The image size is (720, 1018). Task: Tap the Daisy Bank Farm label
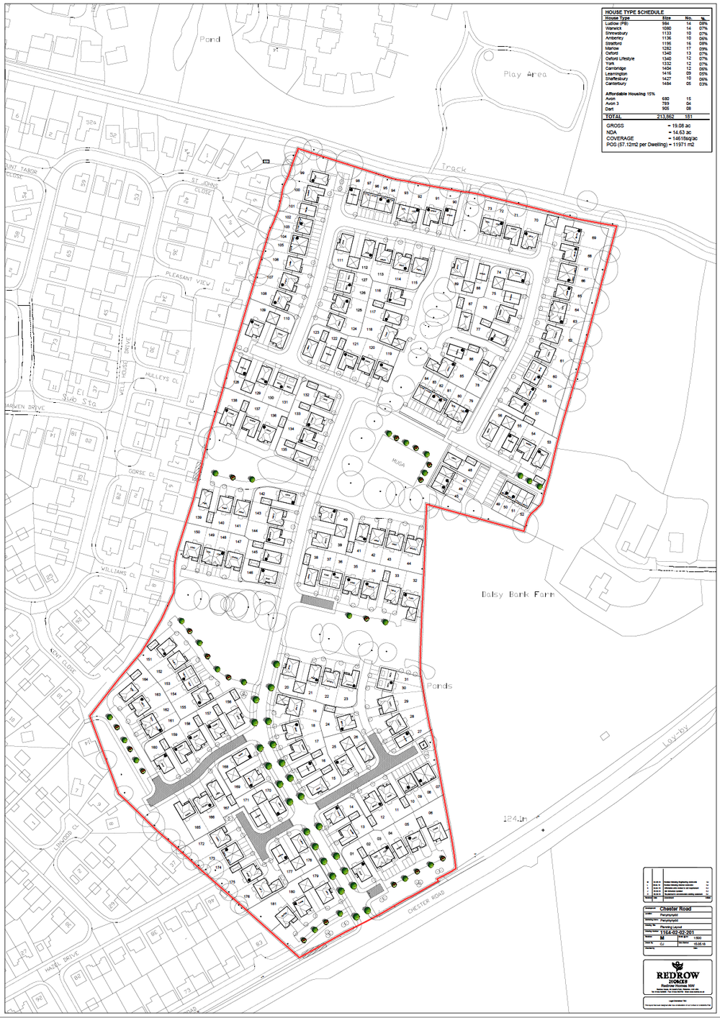click(x=518, y=594)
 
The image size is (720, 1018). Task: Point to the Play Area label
click(x=525, y=74)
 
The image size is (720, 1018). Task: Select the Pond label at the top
click(x=210, y=39)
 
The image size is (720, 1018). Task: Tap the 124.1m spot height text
click(x=515, y=819)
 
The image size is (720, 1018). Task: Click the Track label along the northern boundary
click(x=454, y=168)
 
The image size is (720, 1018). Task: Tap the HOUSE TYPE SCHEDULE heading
click(x=634, y=12)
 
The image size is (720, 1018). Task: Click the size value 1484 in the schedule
click(x=666, y=83)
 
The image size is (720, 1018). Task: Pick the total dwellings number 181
click(x=688, y=116)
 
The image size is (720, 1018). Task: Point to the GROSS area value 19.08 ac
click(x=680, y=126)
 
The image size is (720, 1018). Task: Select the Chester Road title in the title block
click(x=675, y=909)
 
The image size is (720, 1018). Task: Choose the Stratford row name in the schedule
click(x=613, y=43)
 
